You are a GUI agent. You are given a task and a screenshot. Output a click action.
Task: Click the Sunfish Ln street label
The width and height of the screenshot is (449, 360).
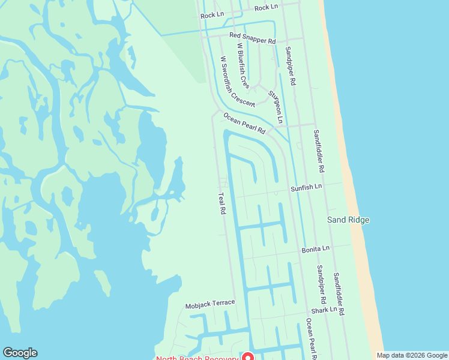pyautogui.click(x=306, y=187)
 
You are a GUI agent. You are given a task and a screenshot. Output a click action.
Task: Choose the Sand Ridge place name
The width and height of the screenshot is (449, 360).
pyautogui.click(x=348, y=220)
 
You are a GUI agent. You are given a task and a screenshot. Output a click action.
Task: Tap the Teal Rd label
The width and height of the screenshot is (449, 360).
pyautogui.click(x=221, y=203)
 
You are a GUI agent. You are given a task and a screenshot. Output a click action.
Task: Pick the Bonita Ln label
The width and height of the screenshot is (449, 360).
pyautogui.click(x=316, y=248)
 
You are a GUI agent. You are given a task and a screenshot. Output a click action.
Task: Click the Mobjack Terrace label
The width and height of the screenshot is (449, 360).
pyautogui.click(x=210, y=304)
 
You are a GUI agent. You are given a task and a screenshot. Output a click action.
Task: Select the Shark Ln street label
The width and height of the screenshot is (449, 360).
pyautogui.click(x=324, y=311)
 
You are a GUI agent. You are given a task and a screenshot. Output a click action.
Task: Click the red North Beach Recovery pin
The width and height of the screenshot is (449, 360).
pyautogui.click(x=246, y=356)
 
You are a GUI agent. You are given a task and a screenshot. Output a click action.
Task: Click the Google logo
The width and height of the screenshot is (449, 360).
pyautogui.click(x=20, y=353)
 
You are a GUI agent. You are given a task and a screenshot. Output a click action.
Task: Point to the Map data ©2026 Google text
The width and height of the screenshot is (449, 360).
pyautogui.click(x=412, y=355)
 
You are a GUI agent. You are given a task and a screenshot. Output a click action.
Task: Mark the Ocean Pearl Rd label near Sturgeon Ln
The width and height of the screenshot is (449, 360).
pyautogui.click(x=244, y=123)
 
